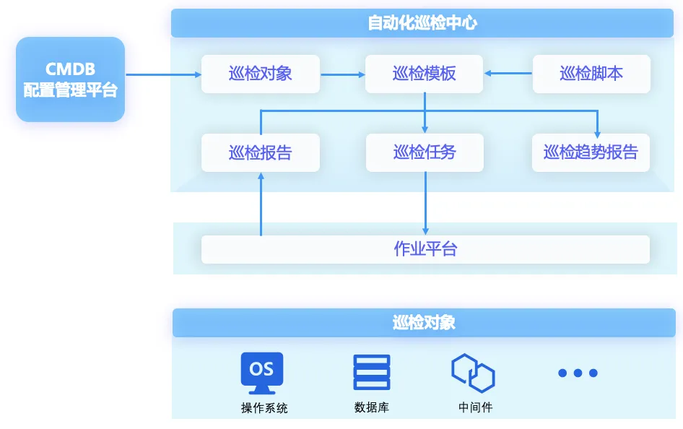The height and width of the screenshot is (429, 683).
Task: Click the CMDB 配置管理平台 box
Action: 70,79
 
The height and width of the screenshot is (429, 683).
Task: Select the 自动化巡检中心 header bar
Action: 422,23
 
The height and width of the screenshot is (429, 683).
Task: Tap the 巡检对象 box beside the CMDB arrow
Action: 260,74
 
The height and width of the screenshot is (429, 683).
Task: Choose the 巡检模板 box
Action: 424,74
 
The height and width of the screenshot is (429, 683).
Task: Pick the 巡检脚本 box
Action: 591,74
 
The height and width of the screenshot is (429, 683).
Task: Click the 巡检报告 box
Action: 260,152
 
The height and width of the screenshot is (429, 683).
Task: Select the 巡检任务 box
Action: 424,152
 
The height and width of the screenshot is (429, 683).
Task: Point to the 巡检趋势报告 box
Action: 591,152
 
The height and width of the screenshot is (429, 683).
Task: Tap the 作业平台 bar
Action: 425,249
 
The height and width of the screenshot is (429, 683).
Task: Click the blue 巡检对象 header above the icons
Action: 424,322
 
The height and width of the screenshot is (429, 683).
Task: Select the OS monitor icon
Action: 261,371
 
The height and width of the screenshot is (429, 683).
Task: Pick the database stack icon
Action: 372,373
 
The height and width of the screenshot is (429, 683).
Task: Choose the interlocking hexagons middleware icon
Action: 473,373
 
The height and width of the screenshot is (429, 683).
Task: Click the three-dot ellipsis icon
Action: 578,373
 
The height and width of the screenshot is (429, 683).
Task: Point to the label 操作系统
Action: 264,408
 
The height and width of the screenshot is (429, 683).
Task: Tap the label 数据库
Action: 372,408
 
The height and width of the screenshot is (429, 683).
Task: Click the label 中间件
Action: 475,408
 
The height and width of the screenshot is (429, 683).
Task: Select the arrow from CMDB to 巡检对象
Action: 163,74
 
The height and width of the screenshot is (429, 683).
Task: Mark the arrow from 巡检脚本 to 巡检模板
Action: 508,73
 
